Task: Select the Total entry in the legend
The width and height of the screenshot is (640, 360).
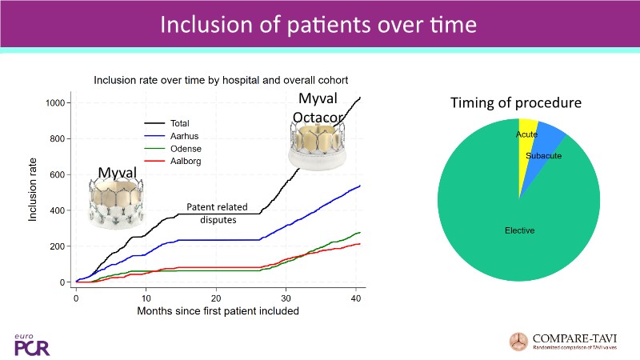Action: [x=179, y=123]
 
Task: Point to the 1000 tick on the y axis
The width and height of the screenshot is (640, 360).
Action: [x=54, y=102]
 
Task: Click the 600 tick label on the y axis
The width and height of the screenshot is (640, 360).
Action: [x=57, y=174]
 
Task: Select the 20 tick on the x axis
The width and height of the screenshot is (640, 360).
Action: [x=216, y=298]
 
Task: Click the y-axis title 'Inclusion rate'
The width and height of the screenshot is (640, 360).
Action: [x=34, y=192]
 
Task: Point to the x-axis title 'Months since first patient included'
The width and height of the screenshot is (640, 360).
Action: [x=218, y=311]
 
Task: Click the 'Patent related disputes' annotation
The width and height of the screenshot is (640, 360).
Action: [x=212, y=213]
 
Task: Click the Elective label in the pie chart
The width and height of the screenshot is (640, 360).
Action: [x=519, y=230]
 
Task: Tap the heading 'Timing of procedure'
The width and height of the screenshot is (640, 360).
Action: [x=515, y=103]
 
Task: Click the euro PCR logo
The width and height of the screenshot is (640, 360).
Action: [x=30, y=343]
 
